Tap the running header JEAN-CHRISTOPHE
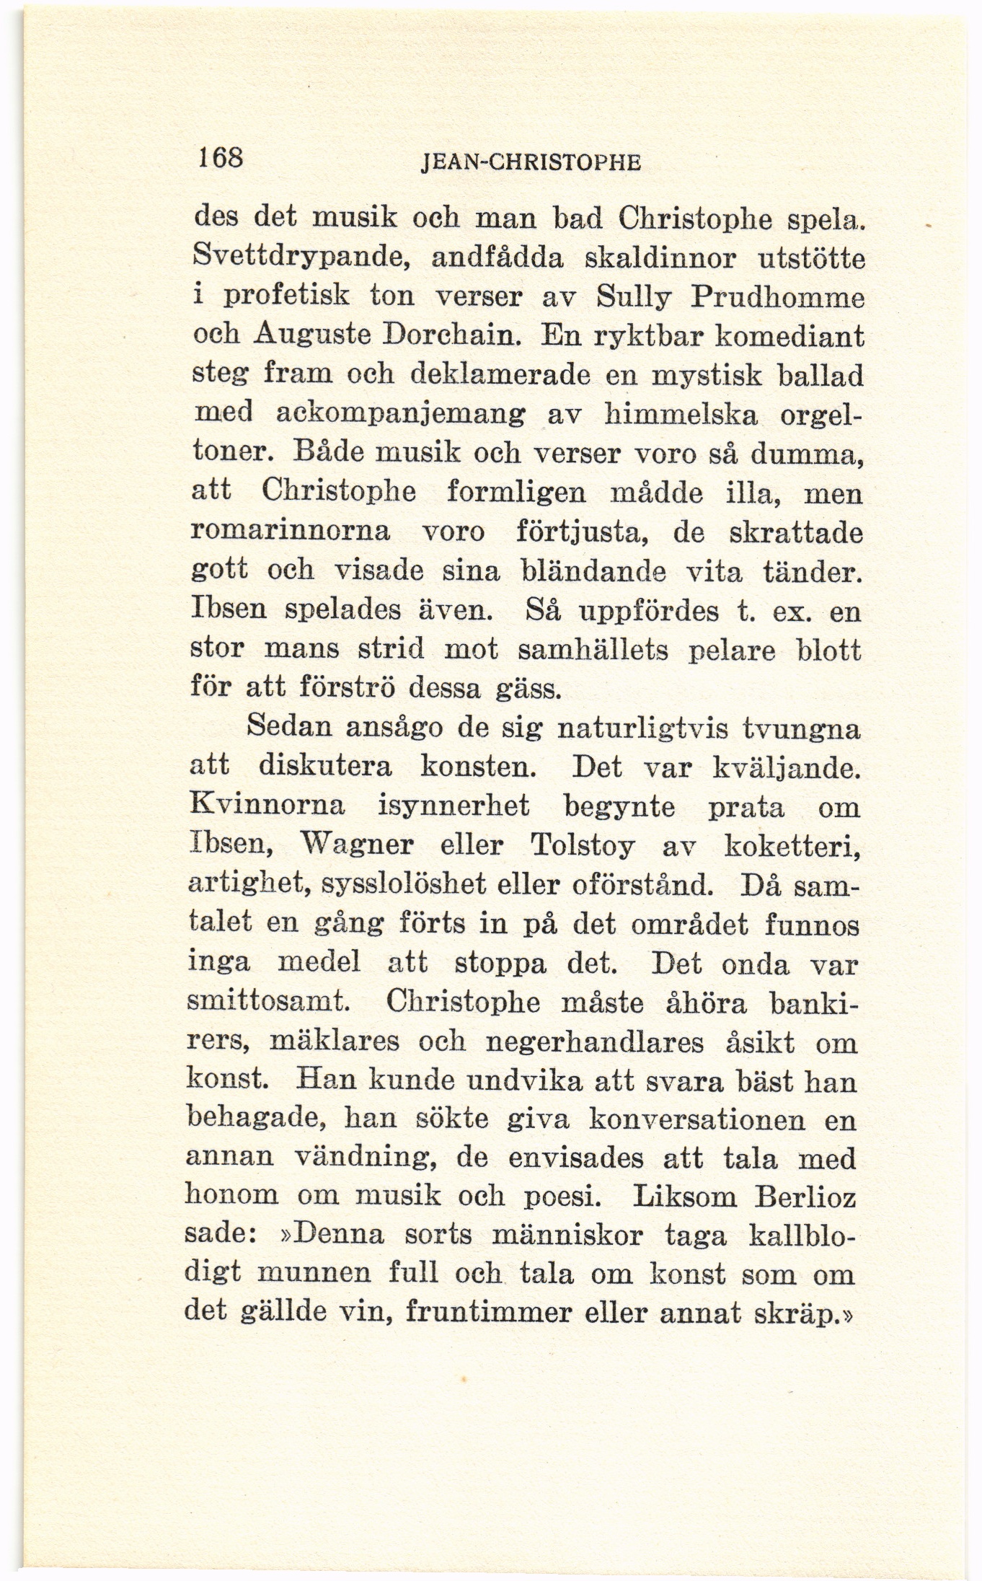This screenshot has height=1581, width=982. pyautogui.click(x=530, y=162)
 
